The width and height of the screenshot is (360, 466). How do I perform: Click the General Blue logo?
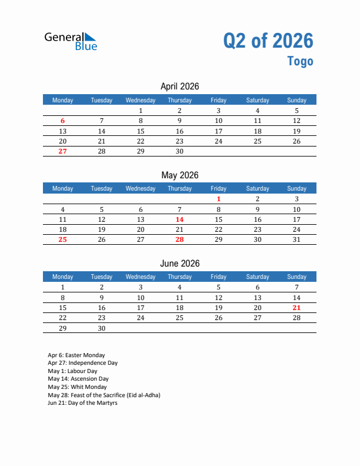71,40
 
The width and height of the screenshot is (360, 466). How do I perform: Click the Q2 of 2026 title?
268,41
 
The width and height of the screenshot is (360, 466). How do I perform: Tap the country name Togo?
300,61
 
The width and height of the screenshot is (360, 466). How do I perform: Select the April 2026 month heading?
179,86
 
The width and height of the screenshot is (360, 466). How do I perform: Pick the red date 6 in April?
63,121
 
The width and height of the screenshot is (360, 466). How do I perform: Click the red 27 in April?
63,151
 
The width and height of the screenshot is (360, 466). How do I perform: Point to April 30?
179,151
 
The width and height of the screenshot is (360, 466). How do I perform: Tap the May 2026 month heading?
179,175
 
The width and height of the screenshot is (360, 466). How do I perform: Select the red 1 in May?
218,199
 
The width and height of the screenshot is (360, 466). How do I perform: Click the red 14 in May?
179,219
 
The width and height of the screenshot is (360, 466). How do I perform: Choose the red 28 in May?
179,239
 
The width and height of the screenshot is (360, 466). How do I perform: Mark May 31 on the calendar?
296,239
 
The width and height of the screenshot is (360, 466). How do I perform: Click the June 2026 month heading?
179,264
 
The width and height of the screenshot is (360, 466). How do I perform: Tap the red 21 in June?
296,308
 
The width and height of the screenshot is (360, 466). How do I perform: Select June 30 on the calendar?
102,328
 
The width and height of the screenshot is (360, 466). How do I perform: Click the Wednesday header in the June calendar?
141,277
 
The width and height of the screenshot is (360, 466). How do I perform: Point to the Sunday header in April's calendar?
296,100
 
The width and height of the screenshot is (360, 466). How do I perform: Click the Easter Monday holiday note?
76,355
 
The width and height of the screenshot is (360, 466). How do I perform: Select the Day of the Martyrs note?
82,403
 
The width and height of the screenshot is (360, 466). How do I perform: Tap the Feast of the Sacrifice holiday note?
104,395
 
